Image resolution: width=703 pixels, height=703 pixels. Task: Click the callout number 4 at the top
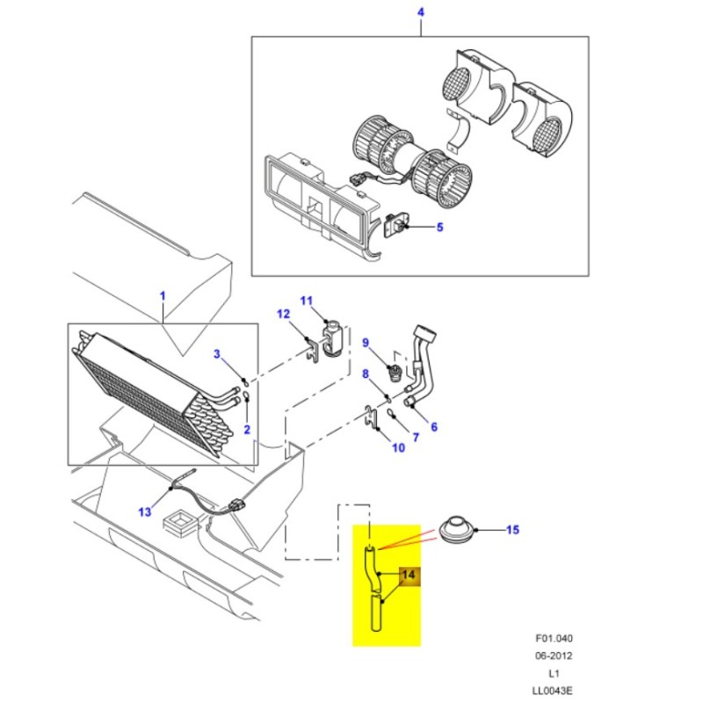pos(420,12)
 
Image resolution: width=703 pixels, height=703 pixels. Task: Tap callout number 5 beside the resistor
pos(440,228)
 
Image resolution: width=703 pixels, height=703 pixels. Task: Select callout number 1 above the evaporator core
pos(162,296)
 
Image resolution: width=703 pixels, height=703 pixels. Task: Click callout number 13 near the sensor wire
pos(144,511)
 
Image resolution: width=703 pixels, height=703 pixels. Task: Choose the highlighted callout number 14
pos(408,576)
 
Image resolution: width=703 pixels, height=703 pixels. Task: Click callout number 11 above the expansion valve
pos(306,301)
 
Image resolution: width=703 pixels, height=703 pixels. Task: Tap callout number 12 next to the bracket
pos(283,315)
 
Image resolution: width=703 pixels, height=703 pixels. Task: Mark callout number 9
pos(366,343)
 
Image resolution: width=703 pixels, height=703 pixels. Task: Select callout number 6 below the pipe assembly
pos(433,427)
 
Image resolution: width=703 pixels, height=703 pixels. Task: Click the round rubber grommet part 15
pos(455,531)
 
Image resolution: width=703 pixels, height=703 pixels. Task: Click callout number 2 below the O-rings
pos(247,429)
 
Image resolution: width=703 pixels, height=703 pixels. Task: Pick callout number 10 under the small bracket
pos(397,448)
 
